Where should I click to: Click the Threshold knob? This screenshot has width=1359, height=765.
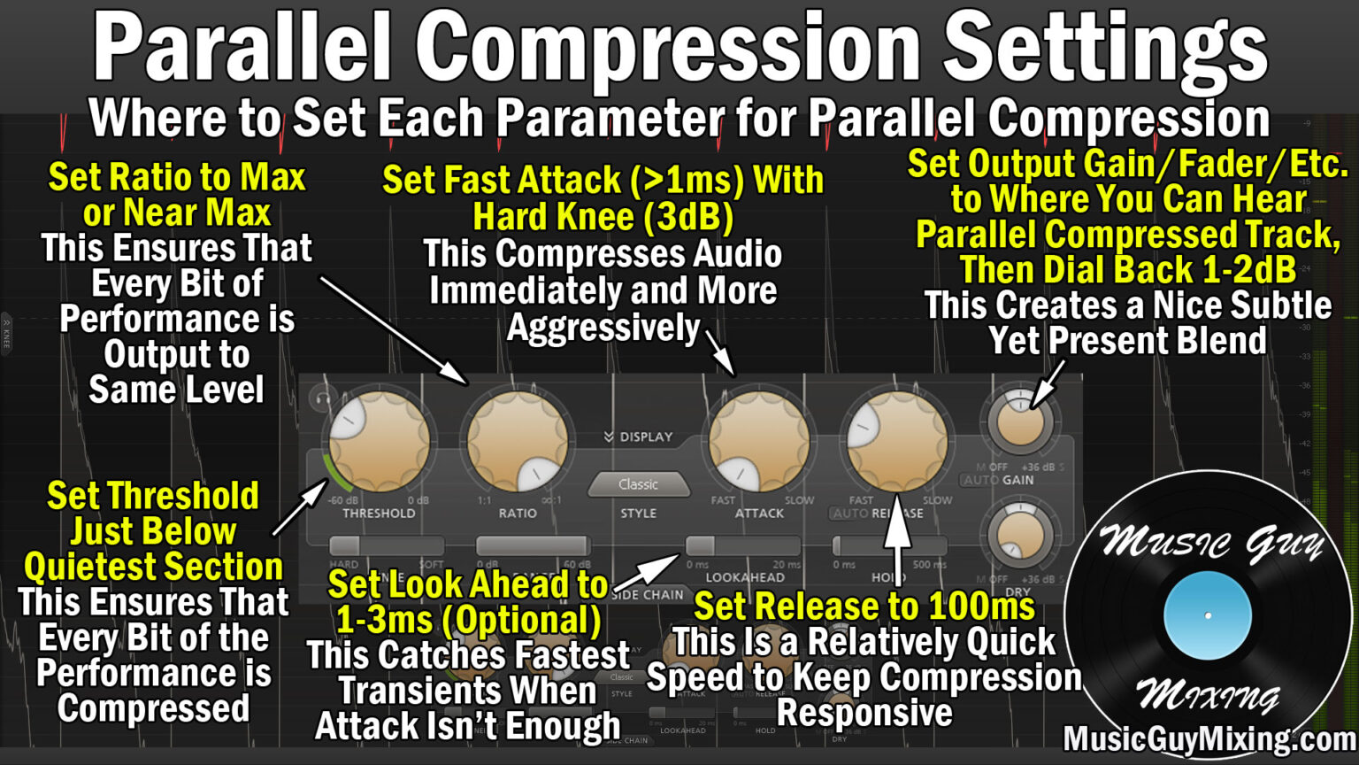[380, 441]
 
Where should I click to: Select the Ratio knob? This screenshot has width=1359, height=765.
[518, 441]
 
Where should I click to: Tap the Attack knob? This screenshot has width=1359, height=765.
[759, 441]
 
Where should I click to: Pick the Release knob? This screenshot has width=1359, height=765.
[897, 441]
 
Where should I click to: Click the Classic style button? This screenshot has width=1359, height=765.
[638, 484]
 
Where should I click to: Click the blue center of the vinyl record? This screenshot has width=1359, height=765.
[1207, 615]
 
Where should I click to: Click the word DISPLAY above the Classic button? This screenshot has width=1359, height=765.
[646, 437]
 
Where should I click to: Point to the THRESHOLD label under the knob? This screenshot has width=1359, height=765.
[379, 513]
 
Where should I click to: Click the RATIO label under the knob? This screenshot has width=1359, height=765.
[518, 513]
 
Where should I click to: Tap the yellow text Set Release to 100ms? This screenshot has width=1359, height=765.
[864, 607]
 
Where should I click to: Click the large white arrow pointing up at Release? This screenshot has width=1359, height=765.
[899, 540]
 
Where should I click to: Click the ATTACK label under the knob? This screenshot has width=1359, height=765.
[759, 513]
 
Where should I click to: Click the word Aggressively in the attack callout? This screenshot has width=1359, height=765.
[603, 328]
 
